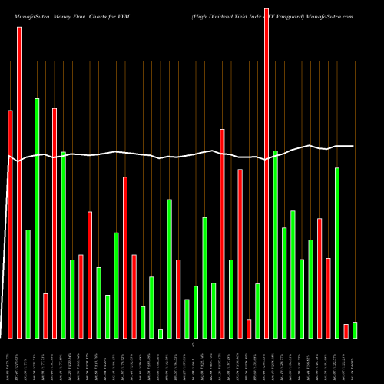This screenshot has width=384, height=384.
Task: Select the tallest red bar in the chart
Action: [266, 173]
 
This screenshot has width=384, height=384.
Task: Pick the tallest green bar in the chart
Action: [37, 218]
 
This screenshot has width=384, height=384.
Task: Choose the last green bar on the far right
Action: [355, 330]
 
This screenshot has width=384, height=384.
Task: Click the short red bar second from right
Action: [346, 331]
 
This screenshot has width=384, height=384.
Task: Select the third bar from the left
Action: [28, 284]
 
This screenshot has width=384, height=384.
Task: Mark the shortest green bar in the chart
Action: [161, 333]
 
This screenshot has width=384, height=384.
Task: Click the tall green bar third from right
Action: [337, 253]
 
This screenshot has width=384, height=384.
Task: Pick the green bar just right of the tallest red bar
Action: [275, 244]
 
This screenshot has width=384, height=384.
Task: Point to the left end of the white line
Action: [8, 157]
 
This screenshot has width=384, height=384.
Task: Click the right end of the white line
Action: [353, 146]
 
